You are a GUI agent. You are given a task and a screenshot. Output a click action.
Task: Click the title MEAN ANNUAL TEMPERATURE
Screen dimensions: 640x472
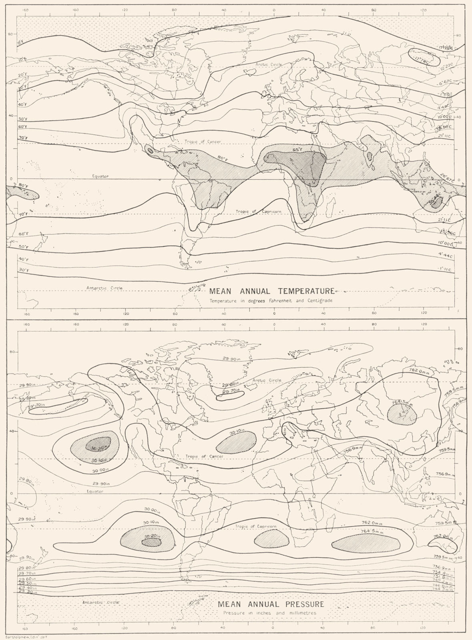[x=272, y=291]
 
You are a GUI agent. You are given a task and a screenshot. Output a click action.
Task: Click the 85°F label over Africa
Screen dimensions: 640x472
[x=297, y=150]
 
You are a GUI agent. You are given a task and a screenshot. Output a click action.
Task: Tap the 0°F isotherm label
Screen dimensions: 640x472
[x=21, y=42]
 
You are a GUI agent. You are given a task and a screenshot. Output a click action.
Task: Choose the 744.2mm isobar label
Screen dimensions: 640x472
[x=443, y=590]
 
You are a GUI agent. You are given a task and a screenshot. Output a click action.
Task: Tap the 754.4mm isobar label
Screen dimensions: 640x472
[x=443, y=572]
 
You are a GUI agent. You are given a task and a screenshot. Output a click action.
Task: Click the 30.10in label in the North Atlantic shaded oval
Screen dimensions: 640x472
[x=237, y=432]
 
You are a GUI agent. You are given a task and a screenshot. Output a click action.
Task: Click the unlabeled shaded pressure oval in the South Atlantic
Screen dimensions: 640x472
[x=272, y=540]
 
